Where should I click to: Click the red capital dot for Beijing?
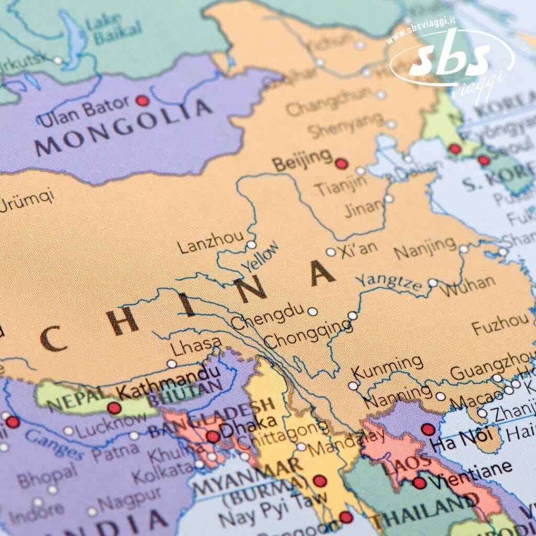click(x=341, y=164)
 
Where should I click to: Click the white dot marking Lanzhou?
click(x=251, y=244)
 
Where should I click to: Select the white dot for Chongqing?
click(x=353, y=316)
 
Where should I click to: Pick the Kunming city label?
click(x=387, y=367)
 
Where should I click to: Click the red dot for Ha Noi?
click(x=428, y=429)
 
